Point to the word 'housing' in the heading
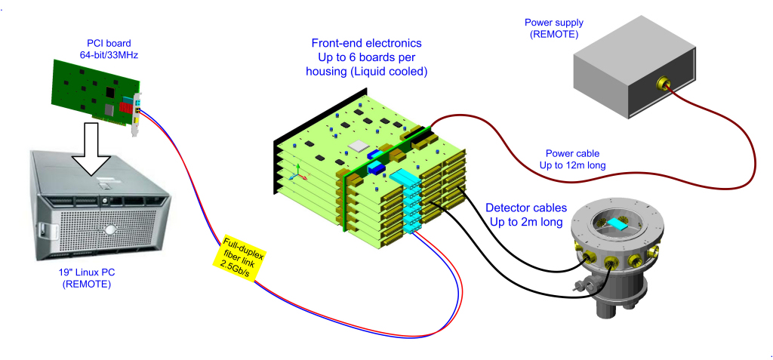328,71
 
